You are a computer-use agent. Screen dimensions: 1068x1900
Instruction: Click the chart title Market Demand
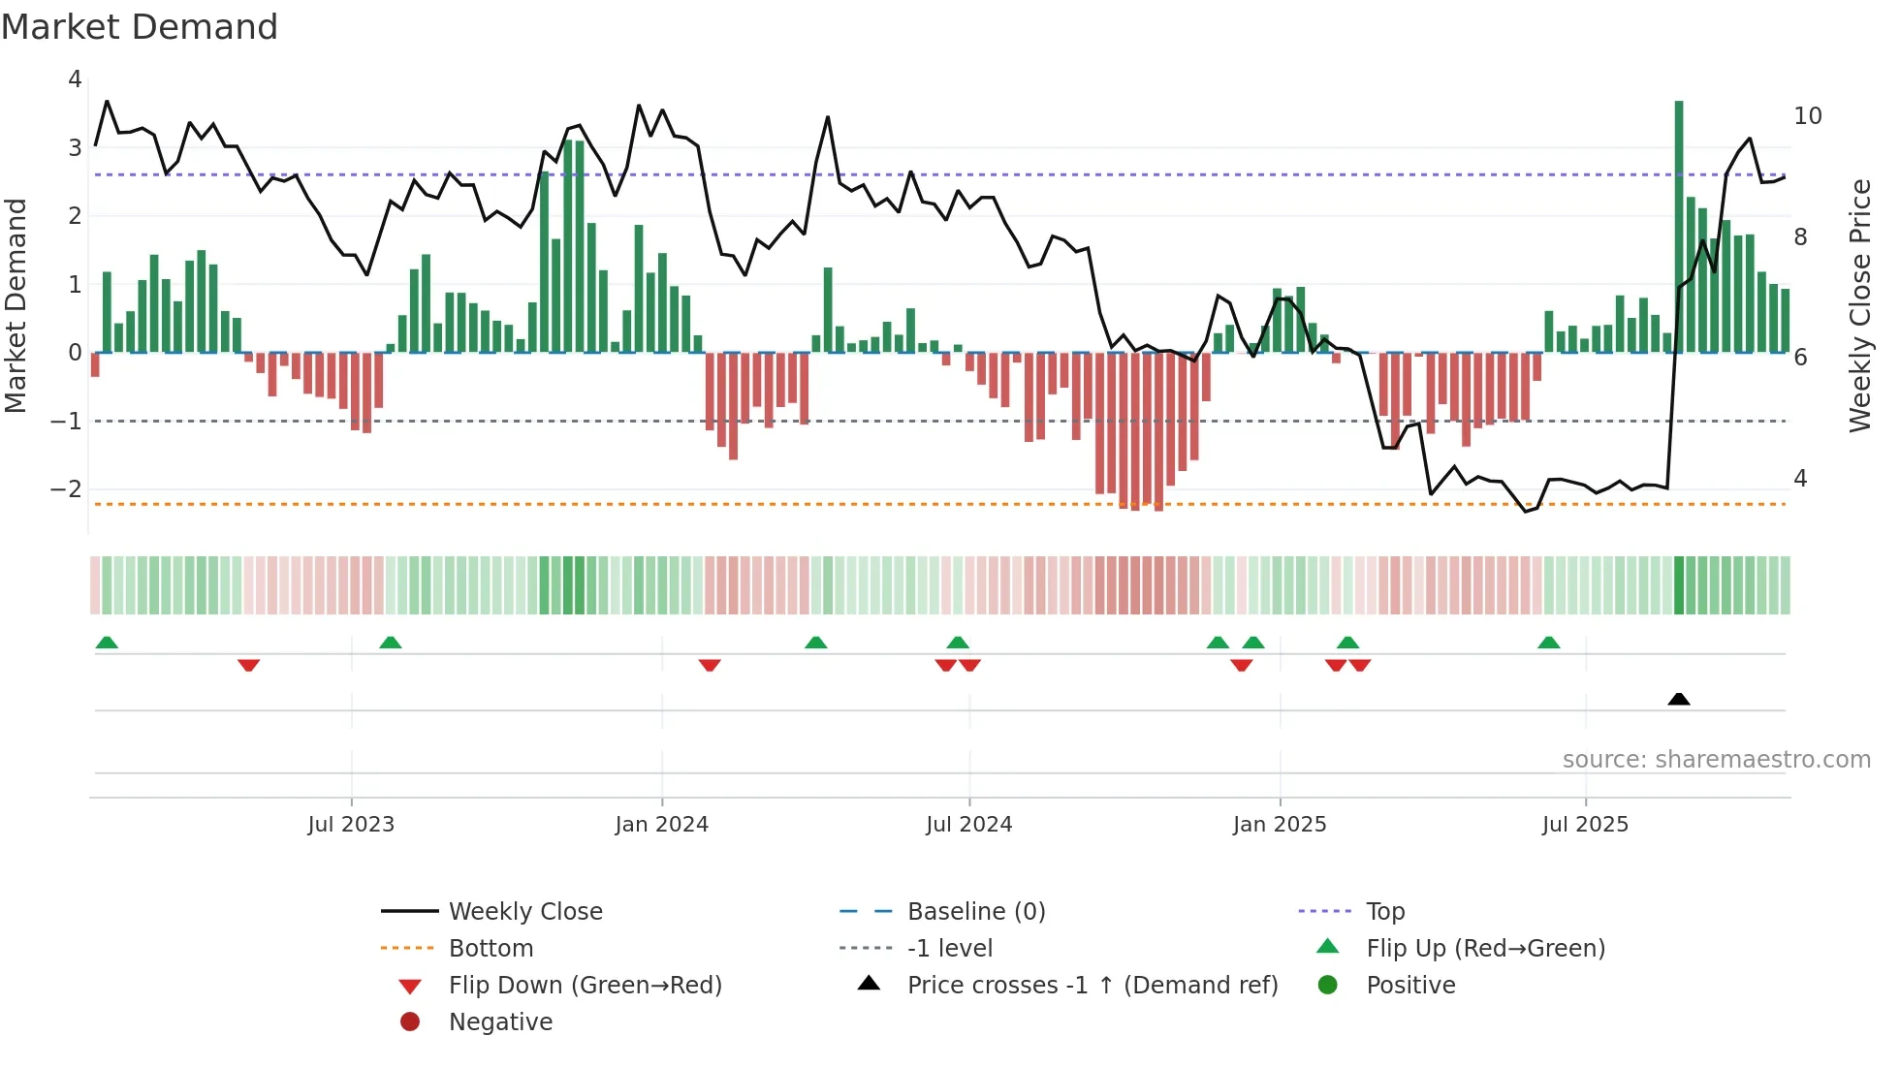click(140, 27)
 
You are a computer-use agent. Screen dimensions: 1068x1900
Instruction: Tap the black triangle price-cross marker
click(1679, 699)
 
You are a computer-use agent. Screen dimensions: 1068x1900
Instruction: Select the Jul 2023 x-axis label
click(351, 825)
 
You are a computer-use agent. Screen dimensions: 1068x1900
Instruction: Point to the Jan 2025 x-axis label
click(1280, 825)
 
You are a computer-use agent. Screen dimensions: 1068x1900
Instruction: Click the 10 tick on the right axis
click(1808, 116)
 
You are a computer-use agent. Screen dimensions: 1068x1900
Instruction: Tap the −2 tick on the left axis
click(67, 489)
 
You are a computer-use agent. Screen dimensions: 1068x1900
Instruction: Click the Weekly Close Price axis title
click(1860, 305)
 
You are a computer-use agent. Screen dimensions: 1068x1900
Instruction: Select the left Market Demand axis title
click(16, 305)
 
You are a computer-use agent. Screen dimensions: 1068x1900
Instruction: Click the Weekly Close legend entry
click(525, 912)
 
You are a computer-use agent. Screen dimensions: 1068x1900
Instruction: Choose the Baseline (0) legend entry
click(976, 912)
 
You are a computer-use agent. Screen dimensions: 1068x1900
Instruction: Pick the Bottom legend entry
click(491, 949)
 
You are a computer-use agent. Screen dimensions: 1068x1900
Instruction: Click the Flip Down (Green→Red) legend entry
click(586, 986)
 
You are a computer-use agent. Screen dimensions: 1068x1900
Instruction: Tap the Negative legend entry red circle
click(410, 1022)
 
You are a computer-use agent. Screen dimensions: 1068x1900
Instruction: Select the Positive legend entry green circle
click(1328, 986)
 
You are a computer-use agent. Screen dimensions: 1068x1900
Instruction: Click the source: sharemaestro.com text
click(1716, 760)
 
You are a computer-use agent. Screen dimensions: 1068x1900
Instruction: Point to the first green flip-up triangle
click(107, 643)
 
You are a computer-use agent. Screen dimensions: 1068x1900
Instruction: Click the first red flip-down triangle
click(248, 665)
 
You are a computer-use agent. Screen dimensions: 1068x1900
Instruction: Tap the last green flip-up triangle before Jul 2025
click(1549, 643)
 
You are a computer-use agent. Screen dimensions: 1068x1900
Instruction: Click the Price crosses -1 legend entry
click(1092, 986)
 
